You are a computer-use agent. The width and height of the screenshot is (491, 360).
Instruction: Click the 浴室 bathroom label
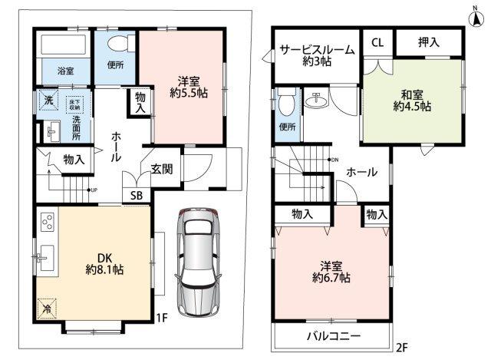click(x=64, y=71)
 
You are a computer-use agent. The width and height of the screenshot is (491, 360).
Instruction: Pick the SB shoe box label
click(x=136, y=196)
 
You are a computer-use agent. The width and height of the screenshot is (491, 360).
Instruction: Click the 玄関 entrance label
click(x=161, y=169)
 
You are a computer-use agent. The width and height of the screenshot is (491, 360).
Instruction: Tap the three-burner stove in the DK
click(x=46, y=223)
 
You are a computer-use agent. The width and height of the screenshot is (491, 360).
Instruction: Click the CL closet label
click(x=377, y=43)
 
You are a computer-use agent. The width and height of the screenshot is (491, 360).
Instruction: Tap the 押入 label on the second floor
click(x=429, y=43)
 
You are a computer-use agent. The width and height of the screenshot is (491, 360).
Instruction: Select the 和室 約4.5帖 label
click(x=413, y=101)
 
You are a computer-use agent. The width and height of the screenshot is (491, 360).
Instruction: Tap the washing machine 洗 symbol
click(x=48, y=101)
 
